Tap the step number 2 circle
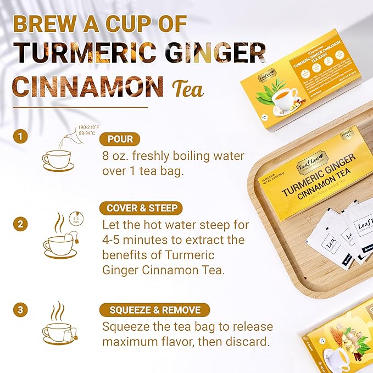(x=20, y=224)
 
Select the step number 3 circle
(x=20, y=310)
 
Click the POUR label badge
(x=120, y=139)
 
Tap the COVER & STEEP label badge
(x=142, y=208)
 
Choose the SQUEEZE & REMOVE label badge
(x=154, y=310)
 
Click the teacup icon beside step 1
(x=57, y=160)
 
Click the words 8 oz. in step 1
(x=117, y=156)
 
